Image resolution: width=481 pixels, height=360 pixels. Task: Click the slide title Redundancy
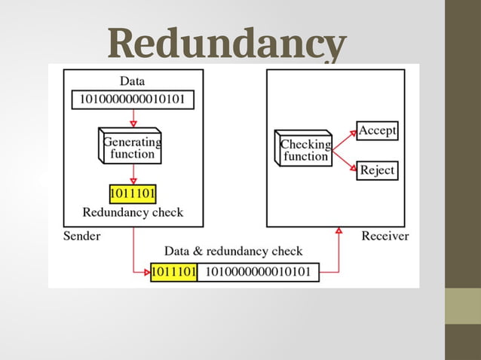coord(228,45)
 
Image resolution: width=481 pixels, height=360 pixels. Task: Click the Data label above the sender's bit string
coord(133,81)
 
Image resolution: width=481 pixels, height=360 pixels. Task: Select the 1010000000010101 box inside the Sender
coord(133,99)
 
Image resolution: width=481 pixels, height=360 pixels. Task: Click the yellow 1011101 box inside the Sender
coord(133,194)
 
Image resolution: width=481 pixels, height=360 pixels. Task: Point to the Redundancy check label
coord(133,212)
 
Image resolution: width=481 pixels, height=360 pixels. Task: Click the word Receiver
coord(385,236)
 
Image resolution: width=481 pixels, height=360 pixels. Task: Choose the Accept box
coord(377,131)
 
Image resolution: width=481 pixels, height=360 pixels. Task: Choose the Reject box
coord(377,169)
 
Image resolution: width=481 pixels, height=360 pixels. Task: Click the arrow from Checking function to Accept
coord(344,139)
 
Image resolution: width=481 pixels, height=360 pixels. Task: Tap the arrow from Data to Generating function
coord(133,117)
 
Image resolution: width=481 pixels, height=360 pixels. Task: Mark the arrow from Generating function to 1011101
coord(133,175)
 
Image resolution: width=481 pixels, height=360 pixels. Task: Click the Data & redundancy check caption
coord(233,252)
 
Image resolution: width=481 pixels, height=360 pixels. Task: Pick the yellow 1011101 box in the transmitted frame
coord(174,271)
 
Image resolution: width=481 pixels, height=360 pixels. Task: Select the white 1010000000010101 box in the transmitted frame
coord(258,271)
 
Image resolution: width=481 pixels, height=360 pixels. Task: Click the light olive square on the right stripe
coord(462,305)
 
